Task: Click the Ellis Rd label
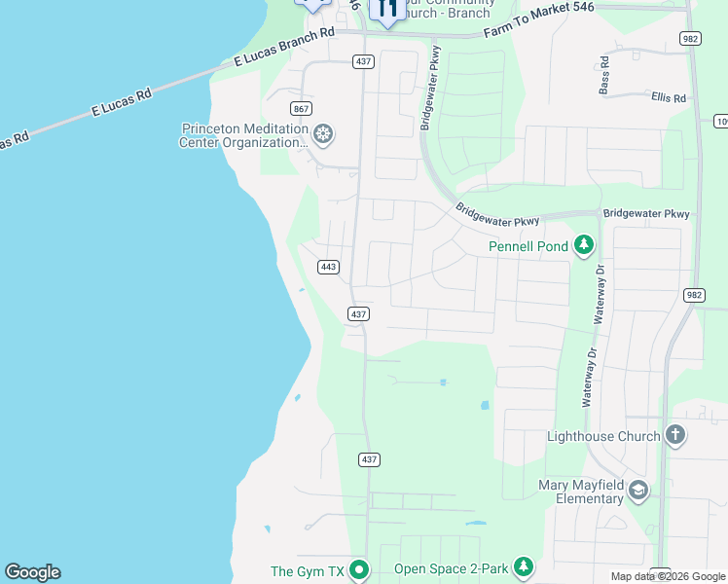669,98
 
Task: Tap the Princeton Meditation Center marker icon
323,134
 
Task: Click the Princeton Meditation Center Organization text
243,135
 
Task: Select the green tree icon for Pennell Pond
583,244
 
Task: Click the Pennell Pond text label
528,246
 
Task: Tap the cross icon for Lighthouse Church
675,436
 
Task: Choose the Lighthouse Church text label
603,436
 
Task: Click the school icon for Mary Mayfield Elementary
638,490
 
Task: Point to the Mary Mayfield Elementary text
582,492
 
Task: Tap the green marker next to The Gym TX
359,570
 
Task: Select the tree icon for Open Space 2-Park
524,566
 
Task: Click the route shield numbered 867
301,108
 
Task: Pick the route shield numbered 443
328,267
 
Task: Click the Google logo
32,572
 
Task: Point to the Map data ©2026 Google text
668,576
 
